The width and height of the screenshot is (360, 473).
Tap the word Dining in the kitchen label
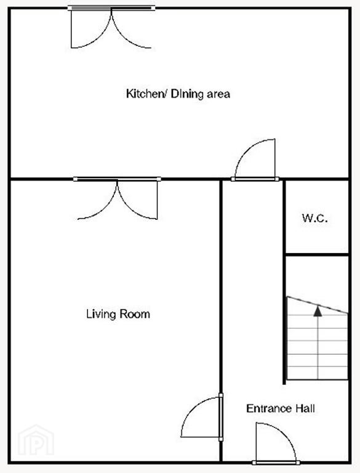(x=187, y=94)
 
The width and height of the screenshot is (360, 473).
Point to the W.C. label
(x=315, y=218)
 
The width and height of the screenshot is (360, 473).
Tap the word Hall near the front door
(x=305, y=408)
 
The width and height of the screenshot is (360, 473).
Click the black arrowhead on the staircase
(x=318, y=311)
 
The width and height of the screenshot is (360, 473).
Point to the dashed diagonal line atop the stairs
(x=318, y=305)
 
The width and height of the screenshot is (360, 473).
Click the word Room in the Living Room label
(x=135, y=314)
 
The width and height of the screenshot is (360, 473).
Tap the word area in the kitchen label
(x=218, y=94)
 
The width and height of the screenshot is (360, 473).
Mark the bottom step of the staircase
(x=318, y=373)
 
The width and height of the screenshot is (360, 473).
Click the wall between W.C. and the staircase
(x=316, y=255)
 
